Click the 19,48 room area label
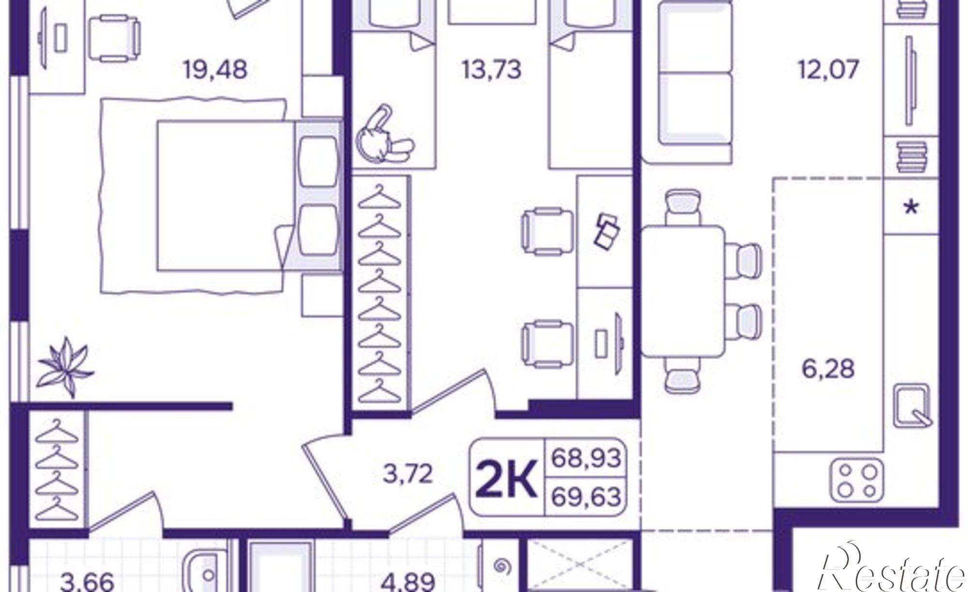[215, 69]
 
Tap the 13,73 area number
[491, 69]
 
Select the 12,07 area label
[829, 69]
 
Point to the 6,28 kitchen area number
[828, 369]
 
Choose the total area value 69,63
[586, 497]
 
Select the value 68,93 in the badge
[586, 457]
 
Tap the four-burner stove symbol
[857, 480]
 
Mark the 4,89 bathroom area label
[407, 582]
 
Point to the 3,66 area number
[88, 582]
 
